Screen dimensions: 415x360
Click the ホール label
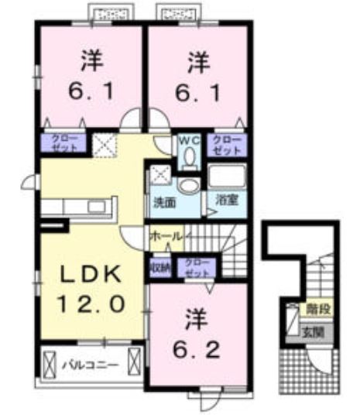tap(165, 235)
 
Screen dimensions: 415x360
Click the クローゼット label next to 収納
tap(195, 268)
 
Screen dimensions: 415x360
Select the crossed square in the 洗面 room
tap(160, 174)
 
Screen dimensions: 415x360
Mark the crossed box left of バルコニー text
tap(50, 362)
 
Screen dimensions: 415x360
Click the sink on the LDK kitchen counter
tap(98, 207)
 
